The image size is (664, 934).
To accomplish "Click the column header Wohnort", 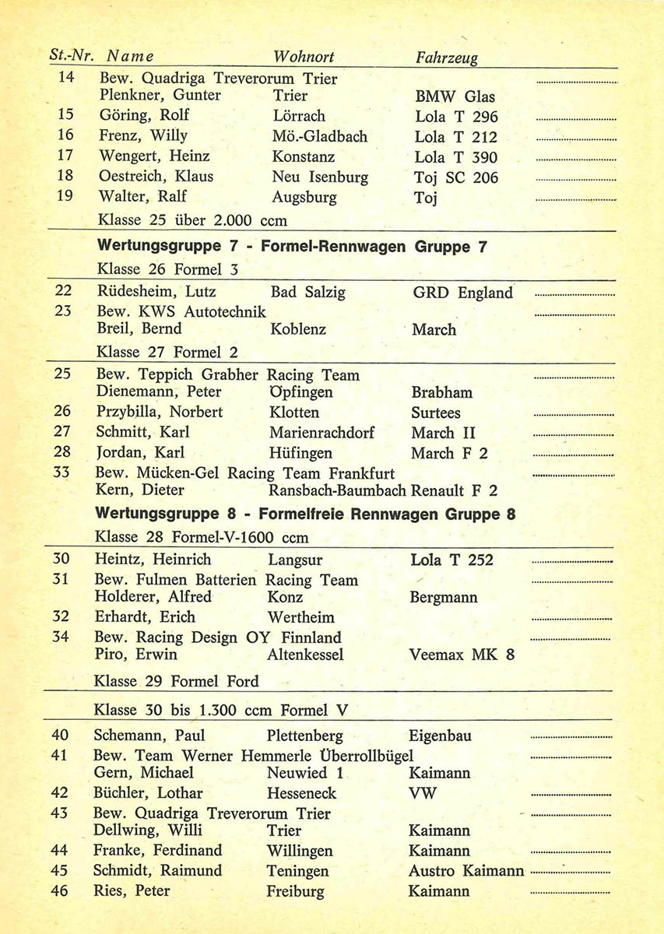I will click(x=304, y=57).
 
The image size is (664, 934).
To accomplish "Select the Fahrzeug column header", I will click(x=447, y=58).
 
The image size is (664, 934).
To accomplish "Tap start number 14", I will click(x=66, y=78).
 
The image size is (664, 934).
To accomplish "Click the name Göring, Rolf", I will click(x=144, y=116).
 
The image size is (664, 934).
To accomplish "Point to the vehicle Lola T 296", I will click(x=456, y=117).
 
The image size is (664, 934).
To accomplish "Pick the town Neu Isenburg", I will click(x=320, y=177).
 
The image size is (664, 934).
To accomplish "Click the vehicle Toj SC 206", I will click(x=456, y=177).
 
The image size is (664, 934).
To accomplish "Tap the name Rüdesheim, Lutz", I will click(x=156, y=293).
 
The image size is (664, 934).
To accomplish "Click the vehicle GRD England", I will click(x=462, y=293).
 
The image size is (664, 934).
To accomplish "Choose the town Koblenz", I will click(x=299, y=329).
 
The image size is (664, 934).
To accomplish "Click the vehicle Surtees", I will click(x=436, y=413).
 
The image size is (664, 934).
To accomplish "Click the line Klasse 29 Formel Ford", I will click(x=176, y=681).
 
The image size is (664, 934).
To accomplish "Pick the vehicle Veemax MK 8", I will click(x=462, y=655).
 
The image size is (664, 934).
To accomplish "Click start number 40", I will click(x=60, y=736).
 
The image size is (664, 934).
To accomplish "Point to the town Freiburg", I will click(x=295, y=891).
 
